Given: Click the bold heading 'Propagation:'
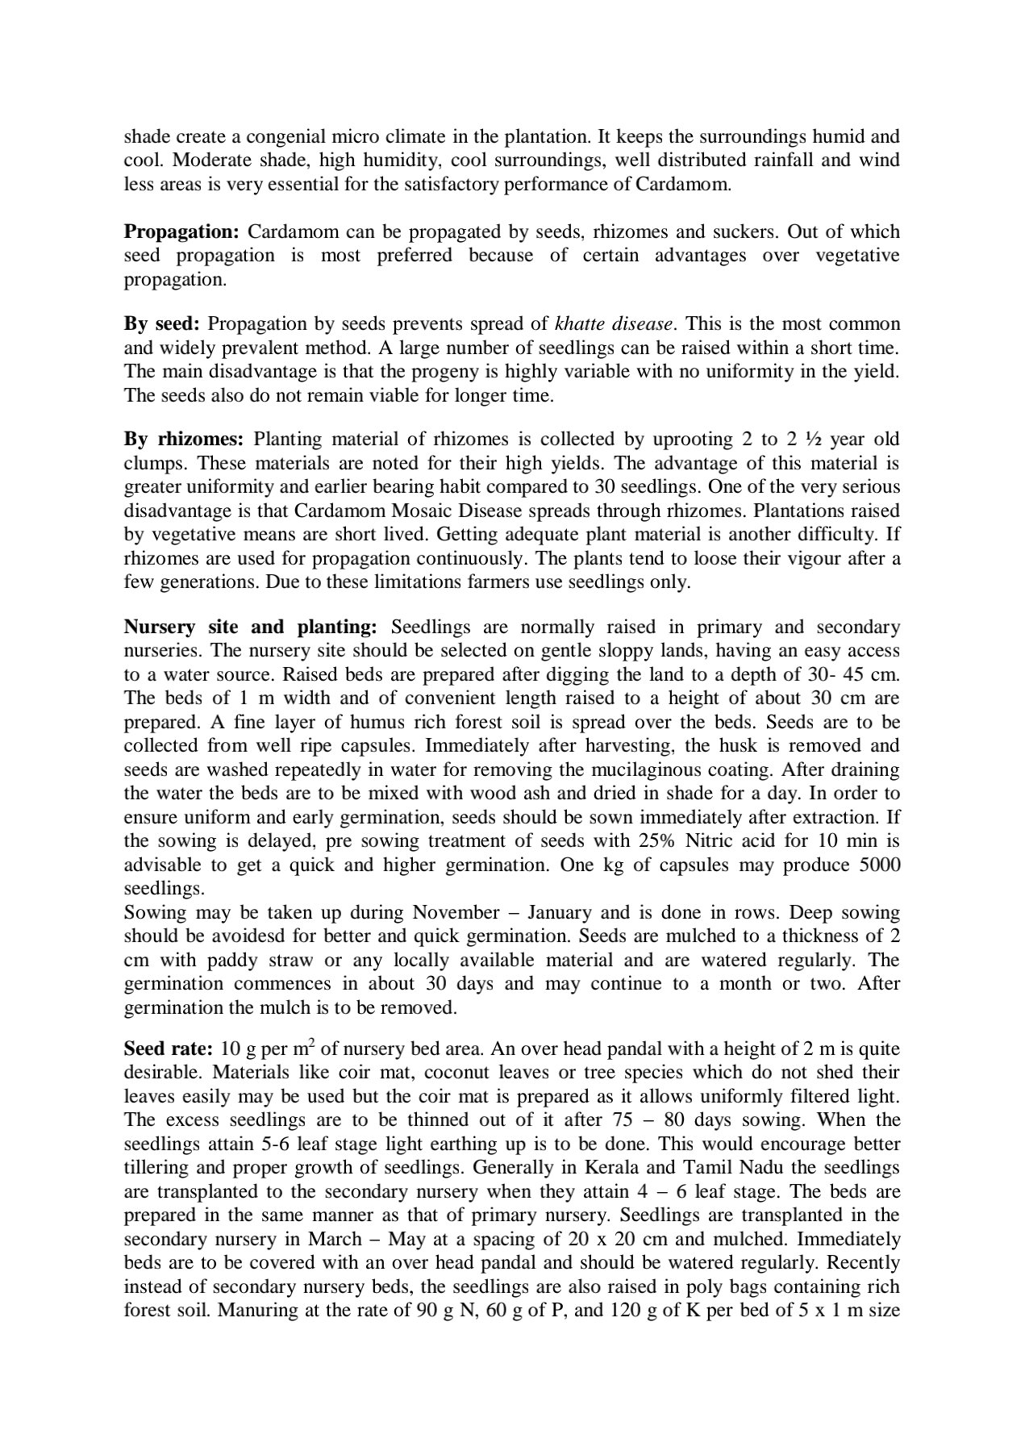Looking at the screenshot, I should (181, 232).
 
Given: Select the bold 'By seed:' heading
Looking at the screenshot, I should (161, 324).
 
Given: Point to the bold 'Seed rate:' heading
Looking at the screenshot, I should (168, 1049).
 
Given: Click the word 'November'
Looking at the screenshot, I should (456, 913).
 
